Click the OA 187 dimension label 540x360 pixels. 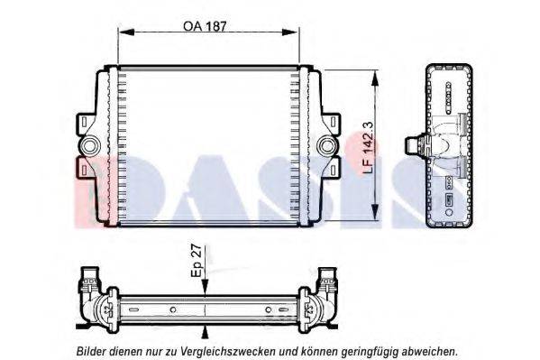205,26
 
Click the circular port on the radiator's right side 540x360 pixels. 325,145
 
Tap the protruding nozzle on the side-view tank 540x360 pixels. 413,145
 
